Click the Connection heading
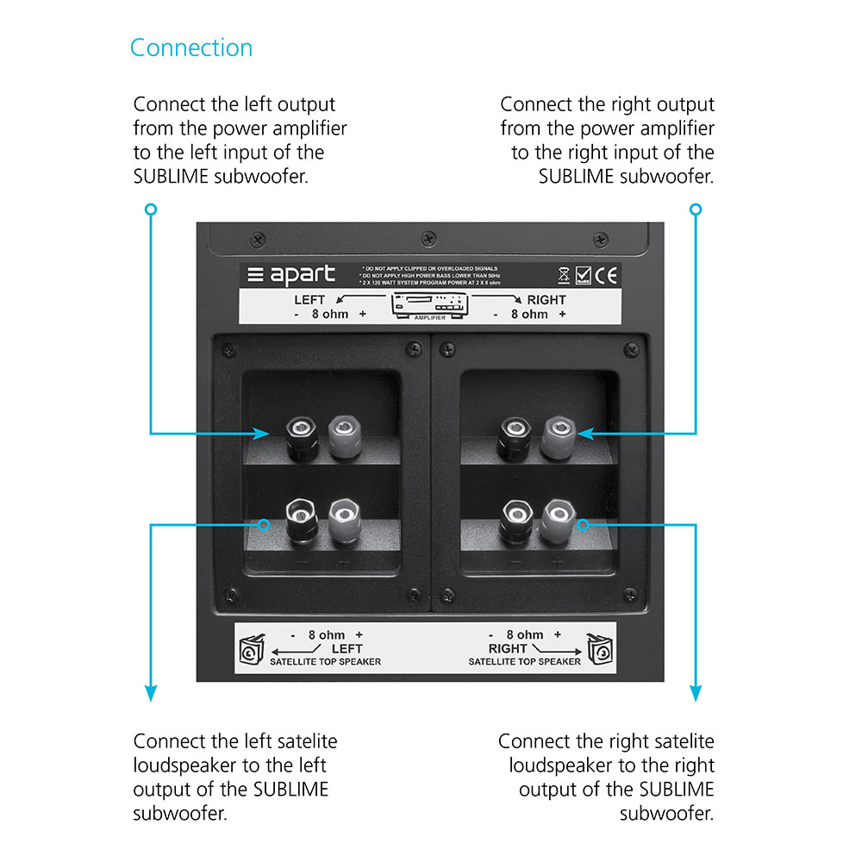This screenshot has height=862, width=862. click(191, 47)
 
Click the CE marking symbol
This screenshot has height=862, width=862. click(607, 276)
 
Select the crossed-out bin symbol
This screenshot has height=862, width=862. click(563, 276)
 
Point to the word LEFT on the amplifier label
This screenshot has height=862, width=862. click(310, 300)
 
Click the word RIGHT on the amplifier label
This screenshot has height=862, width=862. click(547, 300)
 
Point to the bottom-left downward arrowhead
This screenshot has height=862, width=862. click(151, 692)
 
